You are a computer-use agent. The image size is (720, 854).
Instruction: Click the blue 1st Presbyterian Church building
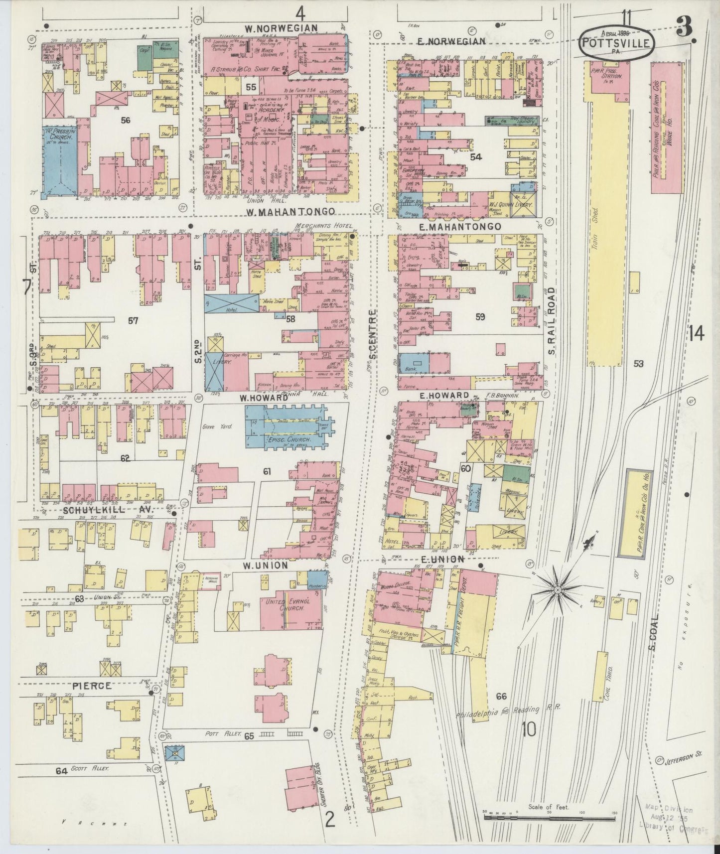tap(59, 158)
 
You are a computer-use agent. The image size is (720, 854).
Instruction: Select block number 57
tap(133, 320)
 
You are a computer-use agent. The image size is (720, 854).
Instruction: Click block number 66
tap(501, 696)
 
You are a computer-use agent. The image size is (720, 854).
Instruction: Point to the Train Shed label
tap(597, 215)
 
